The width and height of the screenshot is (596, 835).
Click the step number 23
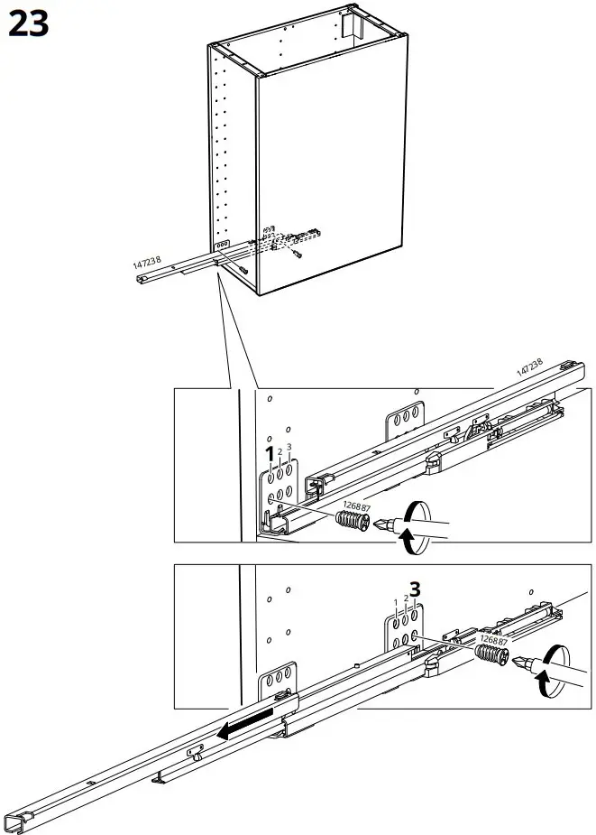[28, 24]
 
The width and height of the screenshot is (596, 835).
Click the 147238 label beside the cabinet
[147, 263]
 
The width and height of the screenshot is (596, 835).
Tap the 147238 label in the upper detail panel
[529, 369]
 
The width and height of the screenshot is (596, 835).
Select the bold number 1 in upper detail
[268, 453]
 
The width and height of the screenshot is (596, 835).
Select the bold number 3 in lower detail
[415, 589]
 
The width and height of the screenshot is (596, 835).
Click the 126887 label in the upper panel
[354, 506]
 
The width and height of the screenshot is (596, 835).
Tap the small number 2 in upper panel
[280, 451]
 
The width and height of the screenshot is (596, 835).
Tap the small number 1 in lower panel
[395, 602]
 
